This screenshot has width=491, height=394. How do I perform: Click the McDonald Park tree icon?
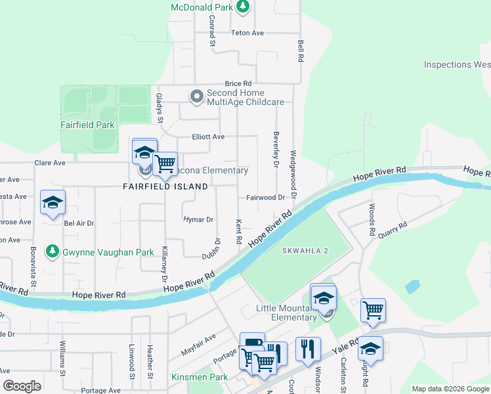pos(244,7)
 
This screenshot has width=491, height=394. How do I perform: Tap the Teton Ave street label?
pos(247,33)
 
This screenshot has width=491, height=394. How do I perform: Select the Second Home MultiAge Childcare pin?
pos(196,97)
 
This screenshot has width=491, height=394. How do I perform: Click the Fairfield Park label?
pos(87,125)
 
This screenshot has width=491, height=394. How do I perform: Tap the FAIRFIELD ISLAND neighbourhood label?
pos(165,186)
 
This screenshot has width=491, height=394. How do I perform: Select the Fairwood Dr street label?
pos(265,198)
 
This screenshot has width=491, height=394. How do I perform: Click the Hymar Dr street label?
pos(198,219)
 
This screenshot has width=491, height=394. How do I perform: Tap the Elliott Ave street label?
pos(208,137)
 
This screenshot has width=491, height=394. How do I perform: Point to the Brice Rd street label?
pos(238,84)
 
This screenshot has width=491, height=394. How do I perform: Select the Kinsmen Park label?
pos(199,377)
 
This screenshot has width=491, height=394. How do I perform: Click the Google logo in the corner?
pos(22,386)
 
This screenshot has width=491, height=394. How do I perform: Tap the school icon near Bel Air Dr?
pos(53,202)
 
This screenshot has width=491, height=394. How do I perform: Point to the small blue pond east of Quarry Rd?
pos(413,286)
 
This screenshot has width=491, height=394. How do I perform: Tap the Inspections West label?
pos(457,64)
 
